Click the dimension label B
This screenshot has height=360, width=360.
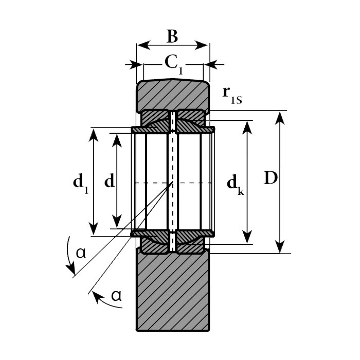[172, 37]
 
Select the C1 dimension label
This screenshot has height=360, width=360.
[173, 63]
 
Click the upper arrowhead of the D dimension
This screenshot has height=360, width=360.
[279, 116]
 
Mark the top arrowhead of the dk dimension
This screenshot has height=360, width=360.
[248, 126]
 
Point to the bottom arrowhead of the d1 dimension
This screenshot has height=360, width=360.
[93, 230]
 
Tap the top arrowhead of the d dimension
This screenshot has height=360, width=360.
[118, 138]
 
